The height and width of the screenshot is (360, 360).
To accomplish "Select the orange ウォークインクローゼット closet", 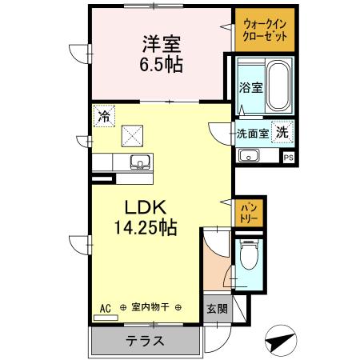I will [x=264, y=30].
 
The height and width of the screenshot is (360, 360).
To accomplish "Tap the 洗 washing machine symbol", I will [x=282, y=132].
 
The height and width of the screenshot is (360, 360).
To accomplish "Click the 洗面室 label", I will [x=251, y=133].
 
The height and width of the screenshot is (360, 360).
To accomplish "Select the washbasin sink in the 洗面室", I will [x=249, y=154].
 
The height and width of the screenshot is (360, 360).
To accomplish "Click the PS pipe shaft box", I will [x=289, y=158].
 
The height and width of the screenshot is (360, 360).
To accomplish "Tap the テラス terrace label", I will [x=145, y=341].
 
